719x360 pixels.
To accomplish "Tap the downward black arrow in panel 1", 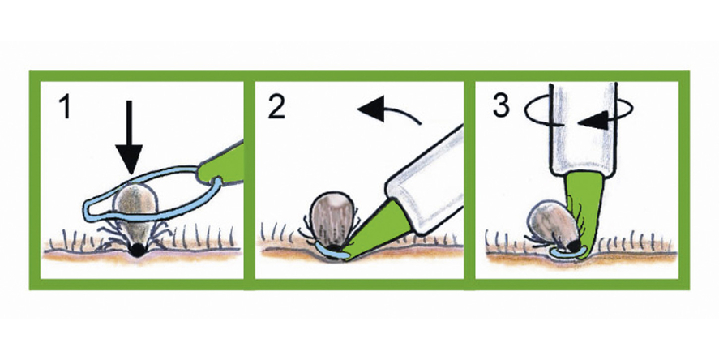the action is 129,137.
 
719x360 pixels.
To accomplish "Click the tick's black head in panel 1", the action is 137,250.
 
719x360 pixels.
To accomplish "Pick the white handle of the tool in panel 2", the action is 424,180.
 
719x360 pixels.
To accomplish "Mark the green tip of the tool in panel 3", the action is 584,212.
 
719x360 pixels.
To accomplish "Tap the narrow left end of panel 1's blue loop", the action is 88,208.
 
